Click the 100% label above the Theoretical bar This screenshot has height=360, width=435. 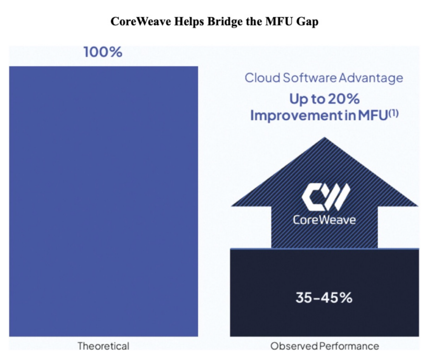click(x=103, y=52)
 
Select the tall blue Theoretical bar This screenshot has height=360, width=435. click(x=104, y=201)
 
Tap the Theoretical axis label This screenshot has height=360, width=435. click(x=103, y=346)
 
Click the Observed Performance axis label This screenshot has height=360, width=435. click(x=325, y=346)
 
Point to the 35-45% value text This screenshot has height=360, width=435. click(x=324, y=298)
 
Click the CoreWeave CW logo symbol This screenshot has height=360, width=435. click(x=326, y=197)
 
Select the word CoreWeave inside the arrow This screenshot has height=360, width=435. click(x=324, y=220)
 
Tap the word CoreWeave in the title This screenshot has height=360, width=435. click(x=141, y=21)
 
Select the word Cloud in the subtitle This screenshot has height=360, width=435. click(x=262, y=78)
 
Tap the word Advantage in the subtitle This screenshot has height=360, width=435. click(x=371, y=79)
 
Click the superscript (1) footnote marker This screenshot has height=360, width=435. click(x=394, y=113)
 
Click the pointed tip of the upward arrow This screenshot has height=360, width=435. click(x=325, y=138)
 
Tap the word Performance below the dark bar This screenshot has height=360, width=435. click(x=349, y=346)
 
